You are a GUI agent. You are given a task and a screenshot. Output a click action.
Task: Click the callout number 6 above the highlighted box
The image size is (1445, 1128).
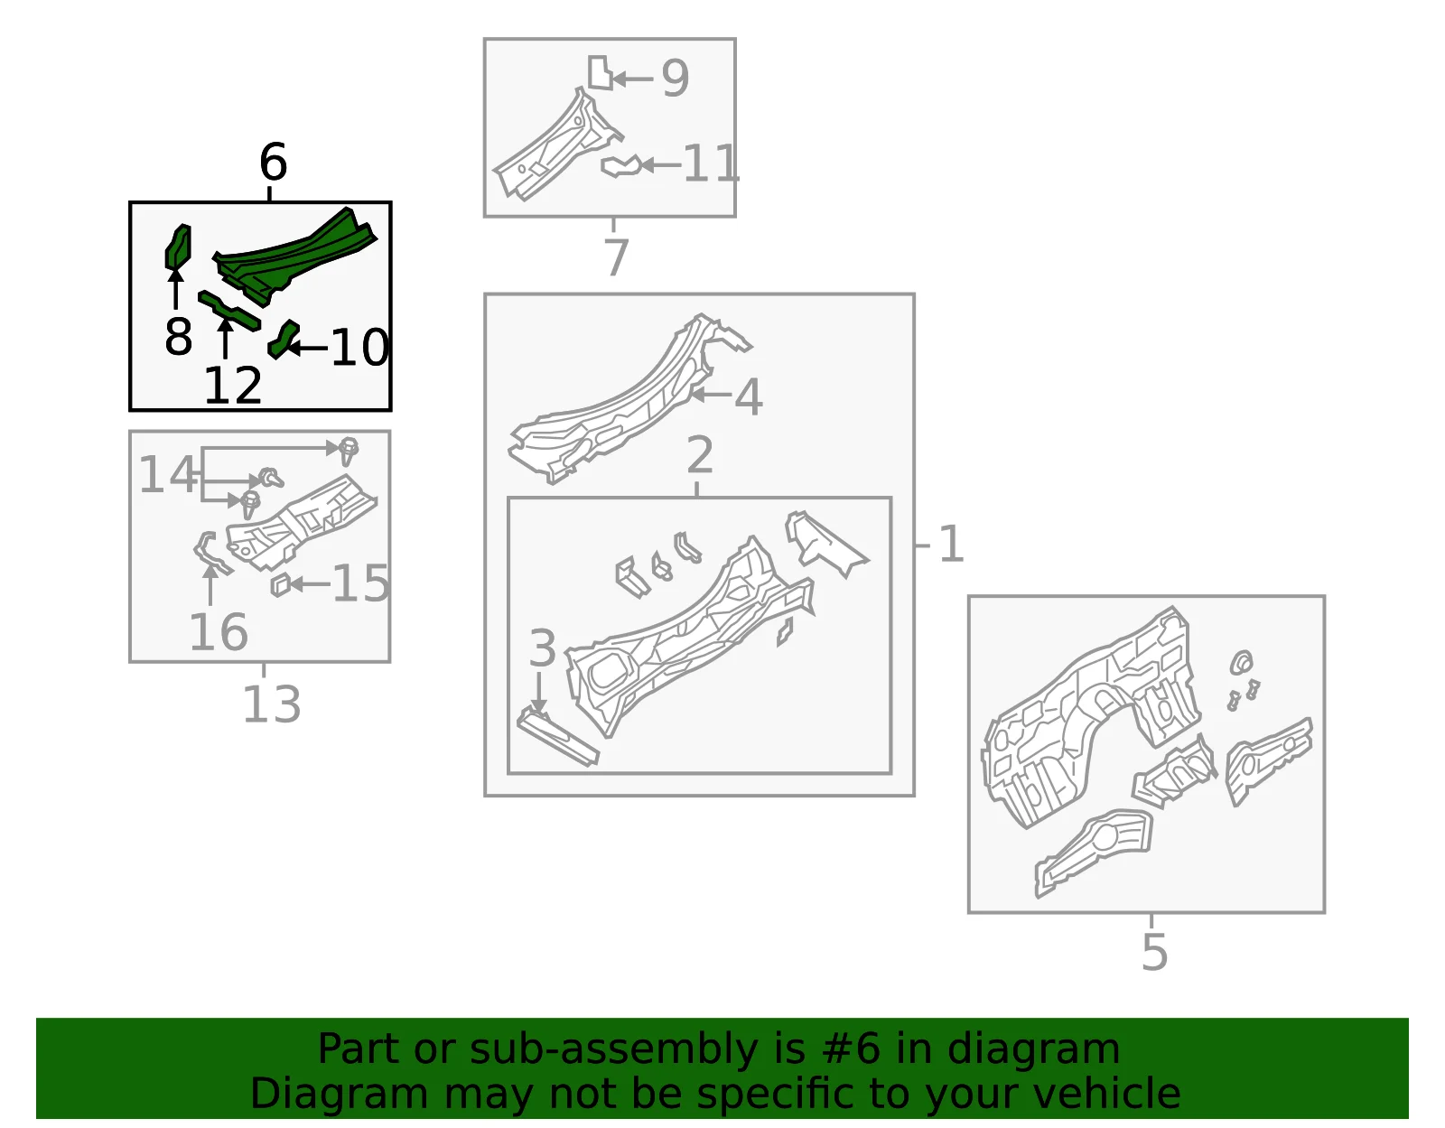(273, 163)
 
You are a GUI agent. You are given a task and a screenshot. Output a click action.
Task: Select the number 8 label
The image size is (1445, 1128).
(178, 336)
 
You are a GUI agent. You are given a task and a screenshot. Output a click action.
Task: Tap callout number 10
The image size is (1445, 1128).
(359, 348)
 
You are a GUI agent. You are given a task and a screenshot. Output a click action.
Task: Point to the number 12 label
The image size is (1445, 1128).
(233, 386)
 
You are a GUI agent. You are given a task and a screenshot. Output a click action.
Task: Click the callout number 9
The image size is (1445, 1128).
(675, 78)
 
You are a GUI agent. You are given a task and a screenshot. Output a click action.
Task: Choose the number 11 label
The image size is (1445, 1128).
(711, 163)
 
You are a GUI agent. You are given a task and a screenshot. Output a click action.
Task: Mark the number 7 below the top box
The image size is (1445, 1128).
(615, 257)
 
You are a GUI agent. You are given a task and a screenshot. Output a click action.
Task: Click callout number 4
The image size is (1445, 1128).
(748, 396)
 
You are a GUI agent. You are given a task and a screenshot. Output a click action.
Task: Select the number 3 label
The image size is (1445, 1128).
(542, 648)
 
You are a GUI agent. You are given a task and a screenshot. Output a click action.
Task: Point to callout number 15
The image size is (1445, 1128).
(360, 583)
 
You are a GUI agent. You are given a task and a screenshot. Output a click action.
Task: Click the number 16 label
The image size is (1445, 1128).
(219, 632)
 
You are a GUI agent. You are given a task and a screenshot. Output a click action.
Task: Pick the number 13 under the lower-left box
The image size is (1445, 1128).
(271, 704)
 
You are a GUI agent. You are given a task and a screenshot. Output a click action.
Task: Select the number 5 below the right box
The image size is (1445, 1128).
(1154, 953)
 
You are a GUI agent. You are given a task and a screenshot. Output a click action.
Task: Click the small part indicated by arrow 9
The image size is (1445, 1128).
(600, 72)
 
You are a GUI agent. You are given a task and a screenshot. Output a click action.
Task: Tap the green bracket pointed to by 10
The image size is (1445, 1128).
(283, 339)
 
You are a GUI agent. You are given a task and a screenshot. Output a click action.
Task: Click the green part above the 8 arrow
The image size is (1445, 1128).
(178, 247)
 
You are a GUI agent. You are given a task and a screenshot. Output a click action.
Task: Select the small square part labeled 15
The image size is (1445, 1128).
(280, 585)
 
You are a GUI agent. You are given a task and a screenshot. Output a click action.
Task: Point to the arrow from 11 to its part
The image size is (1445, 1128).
(660, 165)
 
